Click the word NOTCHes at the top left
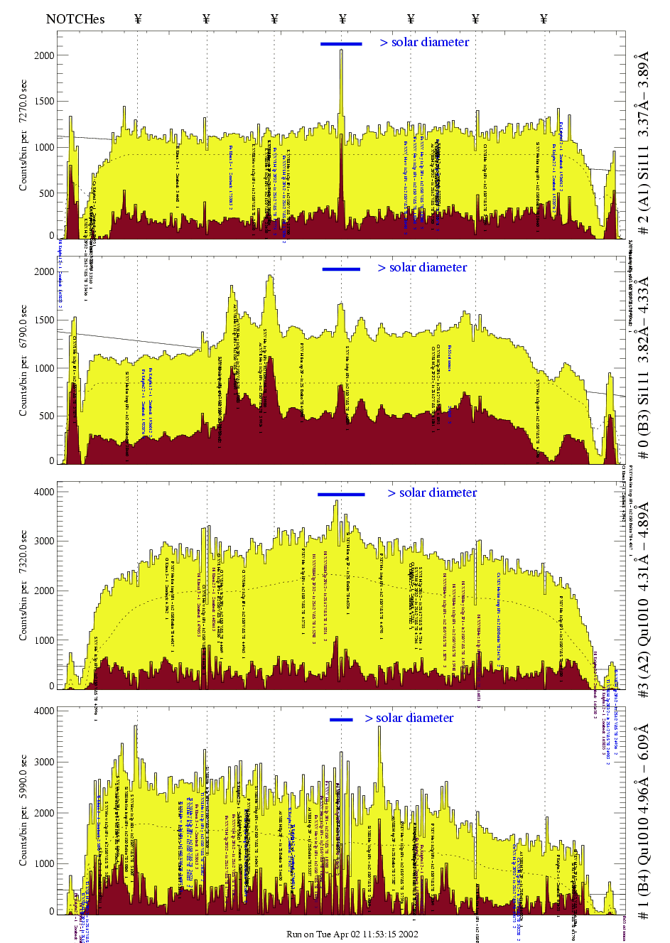[75, 19]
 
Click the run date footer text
[352, 934]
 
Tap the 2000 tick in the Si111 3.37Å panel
[44, 55]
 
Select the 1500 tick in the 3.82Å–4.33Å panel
[44, 320]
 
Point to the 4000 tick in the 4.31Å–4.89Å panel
[44, 492]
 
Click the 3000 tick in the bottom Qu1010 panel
[44, 762]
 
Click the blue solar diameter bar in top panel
[341, 44]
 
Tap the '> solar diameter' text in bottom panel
[409, 718]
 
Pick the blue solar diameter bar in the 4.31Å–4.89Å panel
[341, 494]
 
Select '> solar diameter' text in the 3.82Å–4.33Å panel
[423, 268]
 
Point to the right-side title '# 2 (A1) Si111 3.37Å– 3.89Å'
[644, 142]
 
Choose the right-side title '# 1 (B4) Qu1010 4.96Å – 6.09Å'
[644, 821]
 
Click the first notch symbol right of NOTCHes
[138, 19]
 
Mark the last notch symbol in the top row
[544, 19]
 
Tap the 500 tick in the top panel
[46, 193]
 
